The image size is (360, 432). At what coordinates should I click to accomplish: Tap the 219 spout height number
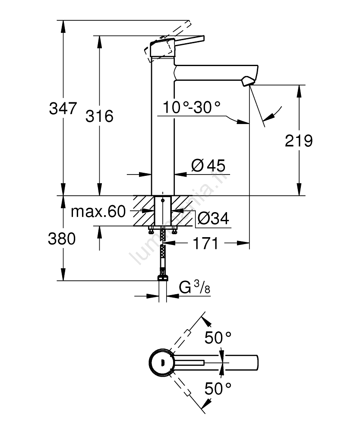[299, 141]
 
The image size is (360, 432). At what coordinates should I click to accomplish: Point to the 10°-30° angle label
[192, 107]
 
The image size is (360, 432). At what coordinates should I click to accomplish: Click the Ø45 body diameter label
[208, 165]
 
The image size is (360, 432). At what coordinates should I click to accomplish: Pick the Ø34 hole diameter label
[213, 219]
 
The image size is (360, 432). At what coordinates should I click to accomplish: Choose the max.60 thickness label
[98, 212]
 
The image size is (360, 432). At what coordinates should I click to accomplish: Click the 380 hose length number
[61, 238]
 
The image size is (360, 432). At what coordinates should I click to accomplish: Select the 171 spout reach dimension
[204, 244]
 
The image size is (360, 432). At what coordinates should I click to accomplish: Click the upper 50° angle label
[218, 338]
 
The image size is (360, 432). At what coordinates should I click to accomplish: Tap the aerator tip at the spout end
[248, 81]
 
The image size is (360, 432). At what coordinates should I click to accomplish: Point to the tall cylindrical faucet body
[162, 130]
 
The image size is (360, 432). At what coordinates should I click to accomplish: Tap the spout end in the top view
[255, 362]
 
